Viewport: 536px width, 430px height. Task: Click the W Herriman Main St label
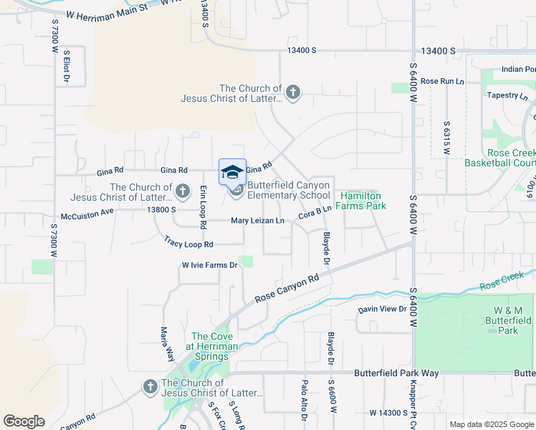coord(107,14)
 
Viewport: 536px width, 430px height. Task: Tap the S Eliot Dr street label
coord(66,65)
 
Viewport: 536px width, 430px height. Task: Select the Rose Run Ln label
coord(443,81)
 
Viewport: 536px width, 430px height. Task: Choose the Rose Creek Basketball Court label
coord(510,158)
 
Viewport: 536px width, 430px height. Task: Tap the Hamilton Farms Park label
coord(362,201)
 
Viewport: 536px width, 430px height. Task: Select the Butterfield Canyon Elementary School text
coord(289,190)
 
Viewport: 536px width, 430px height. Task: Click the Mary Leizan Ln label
coord(258,220)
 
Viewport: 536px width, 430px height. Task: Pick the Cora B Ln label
coord(315,212)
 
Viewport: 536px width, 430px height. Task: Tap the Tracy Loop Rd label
coord(183,244)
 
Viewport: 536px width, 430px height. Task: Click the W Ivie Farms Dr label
coord(209,265)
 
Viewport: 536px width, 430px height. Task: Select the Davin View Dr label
coord(383,309)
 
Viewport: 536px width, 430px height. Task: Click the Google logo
coord(24,421)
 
